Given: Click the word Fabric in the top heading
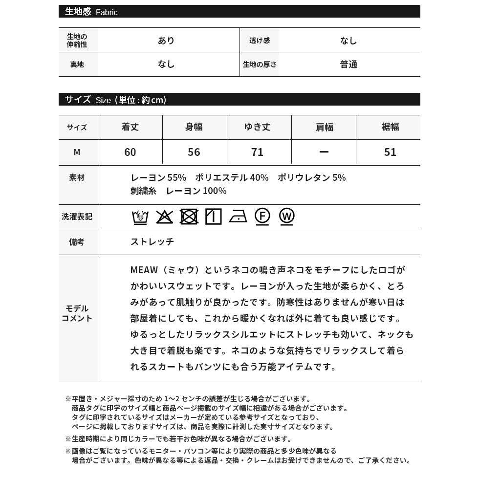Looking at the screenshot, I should (x=107, y=12).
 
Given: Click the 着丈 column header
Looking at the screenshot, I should (x=130, y=127).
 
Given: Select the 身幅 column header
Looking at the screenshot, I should (x=194, y=127).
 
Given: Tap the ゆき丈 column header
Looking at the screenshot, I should (x=257, y=127).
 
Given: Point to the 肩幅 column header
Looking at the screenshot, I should (x=324, y=127).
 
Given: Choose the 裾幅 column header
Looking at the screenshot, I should (x=390, y=127).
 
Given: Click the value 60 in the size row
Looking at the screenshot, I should (x=130, y=152).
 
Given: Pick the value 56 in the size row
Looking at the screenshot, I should (x=194, y=152).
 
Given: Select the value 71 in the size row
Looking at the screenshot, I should (x=258, y=152).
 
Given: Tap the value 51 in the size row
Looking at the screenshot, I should (x=390, y=152).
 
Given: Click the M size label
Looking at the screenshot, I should (x=77, y=152).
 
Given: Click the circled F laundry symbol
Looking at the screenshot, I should (x=262, y=216).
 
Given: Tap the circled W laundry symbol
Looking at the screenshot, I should (x=287, y=216).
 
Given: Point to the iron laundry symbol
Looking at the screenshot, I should (x=238, y=217).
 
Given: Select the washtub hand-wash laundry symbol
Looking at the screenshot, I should (x=140, y=217).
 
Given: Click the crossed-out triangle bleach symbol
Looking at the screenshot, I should (x=165, y=217).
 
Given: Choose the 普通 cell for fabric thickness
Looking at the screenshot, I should (x=349, y=65).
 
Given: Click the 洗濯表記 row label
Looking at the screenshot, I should (x=77, y=216).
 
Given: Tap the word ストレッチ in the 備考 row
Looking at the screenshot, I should (x=152, y=241).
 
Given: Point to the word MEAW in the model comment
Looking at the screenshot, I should (x=144, y=270).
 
